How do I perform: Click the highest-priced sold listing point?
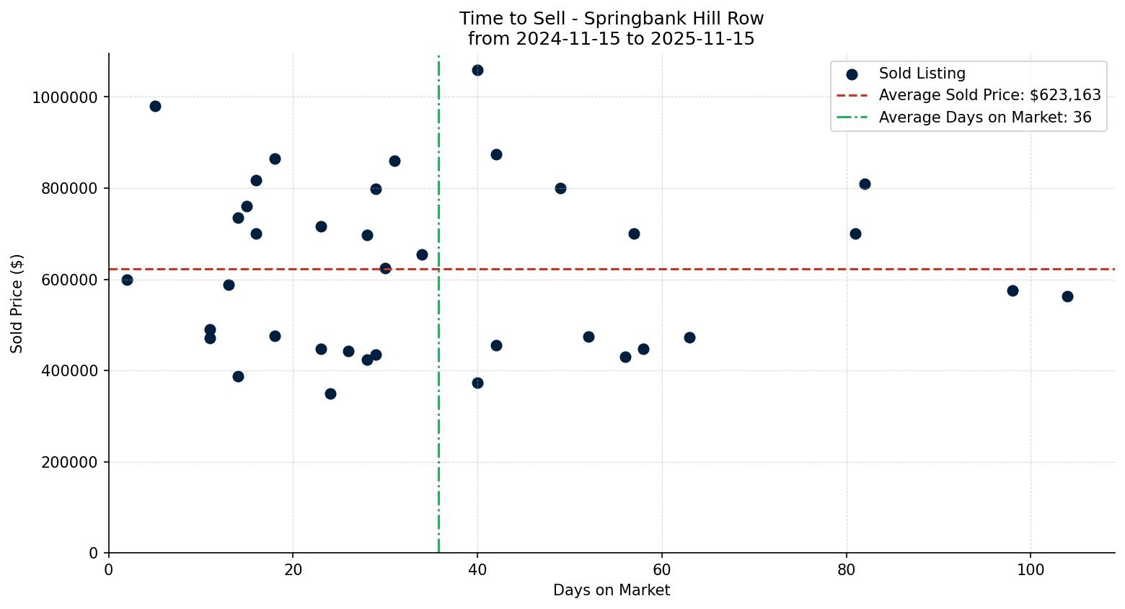(x=477, y=71)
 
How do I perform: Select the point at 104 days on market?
(x=1067, y=296)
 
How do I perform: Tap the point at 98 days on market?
(x=1012, y=290)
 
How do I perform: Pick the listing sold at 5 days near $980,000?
(x=155, y=107)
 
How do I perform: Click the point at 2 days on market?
(x=127, y=280)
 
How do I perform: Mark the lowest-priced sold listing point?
(x=330, y=394)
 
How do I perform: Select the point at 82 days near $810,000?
(x=865, y=184)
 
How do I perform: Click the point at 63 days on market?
(x=689, y=337)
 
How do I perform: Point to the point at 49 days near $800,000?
(x=560, y=188)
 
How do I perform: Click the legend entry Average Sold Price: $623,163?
(x=989, y=95)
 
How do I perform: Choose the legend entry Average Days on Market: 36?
(x=984, y=117)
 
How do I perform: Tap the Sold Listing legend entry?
(x=922, y=74)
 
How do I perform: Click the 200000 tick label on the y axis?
(x=69, y=462)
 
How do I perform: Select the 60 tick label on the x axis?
(x=661, y=569)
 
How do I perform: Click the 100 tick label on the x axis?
(x=1030, y=569)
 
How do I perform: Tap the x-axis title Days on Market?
(x=612, y=590)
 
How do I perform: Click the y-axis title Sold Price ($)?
(x=17, y=303)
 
